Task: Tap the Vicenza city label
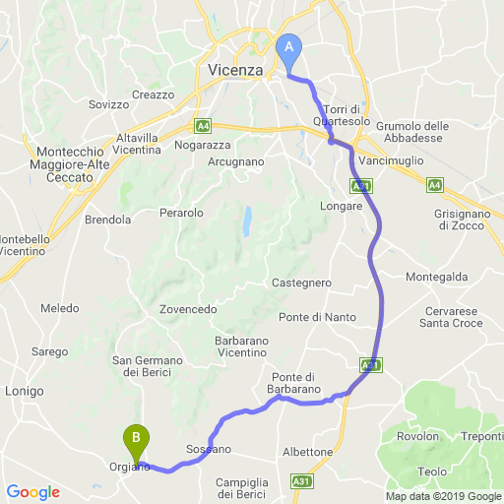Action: pyautogui.click(x=236, y=70)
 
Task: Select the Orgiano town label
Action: pyautogui.click(x=129, y=467)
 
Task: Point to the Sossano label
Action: pyautogui.click(x=209, y=449)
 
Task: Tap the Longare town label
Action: pyautogui.click(x=343, y=206)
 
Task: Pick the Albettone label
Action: pyautogui.click(x=308, y=452)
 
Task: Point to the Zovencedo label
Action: pyautogui.click(x=188, y=309)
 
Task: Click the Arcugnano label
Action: pyautogui.click(x=236, y=160)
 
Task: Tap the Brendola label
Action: pyautogui.click(x=108, y=220)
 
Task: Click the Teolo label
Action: pyautogui.click(x=431, y=472)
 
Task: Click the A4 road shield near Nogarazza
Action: pyautogui.click(x=203, y=126)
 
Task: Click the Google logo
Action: pyautogui.click(x=32, y=491)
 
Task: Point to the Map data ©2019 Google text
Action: pyautogui.click(x=442, y=496)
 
